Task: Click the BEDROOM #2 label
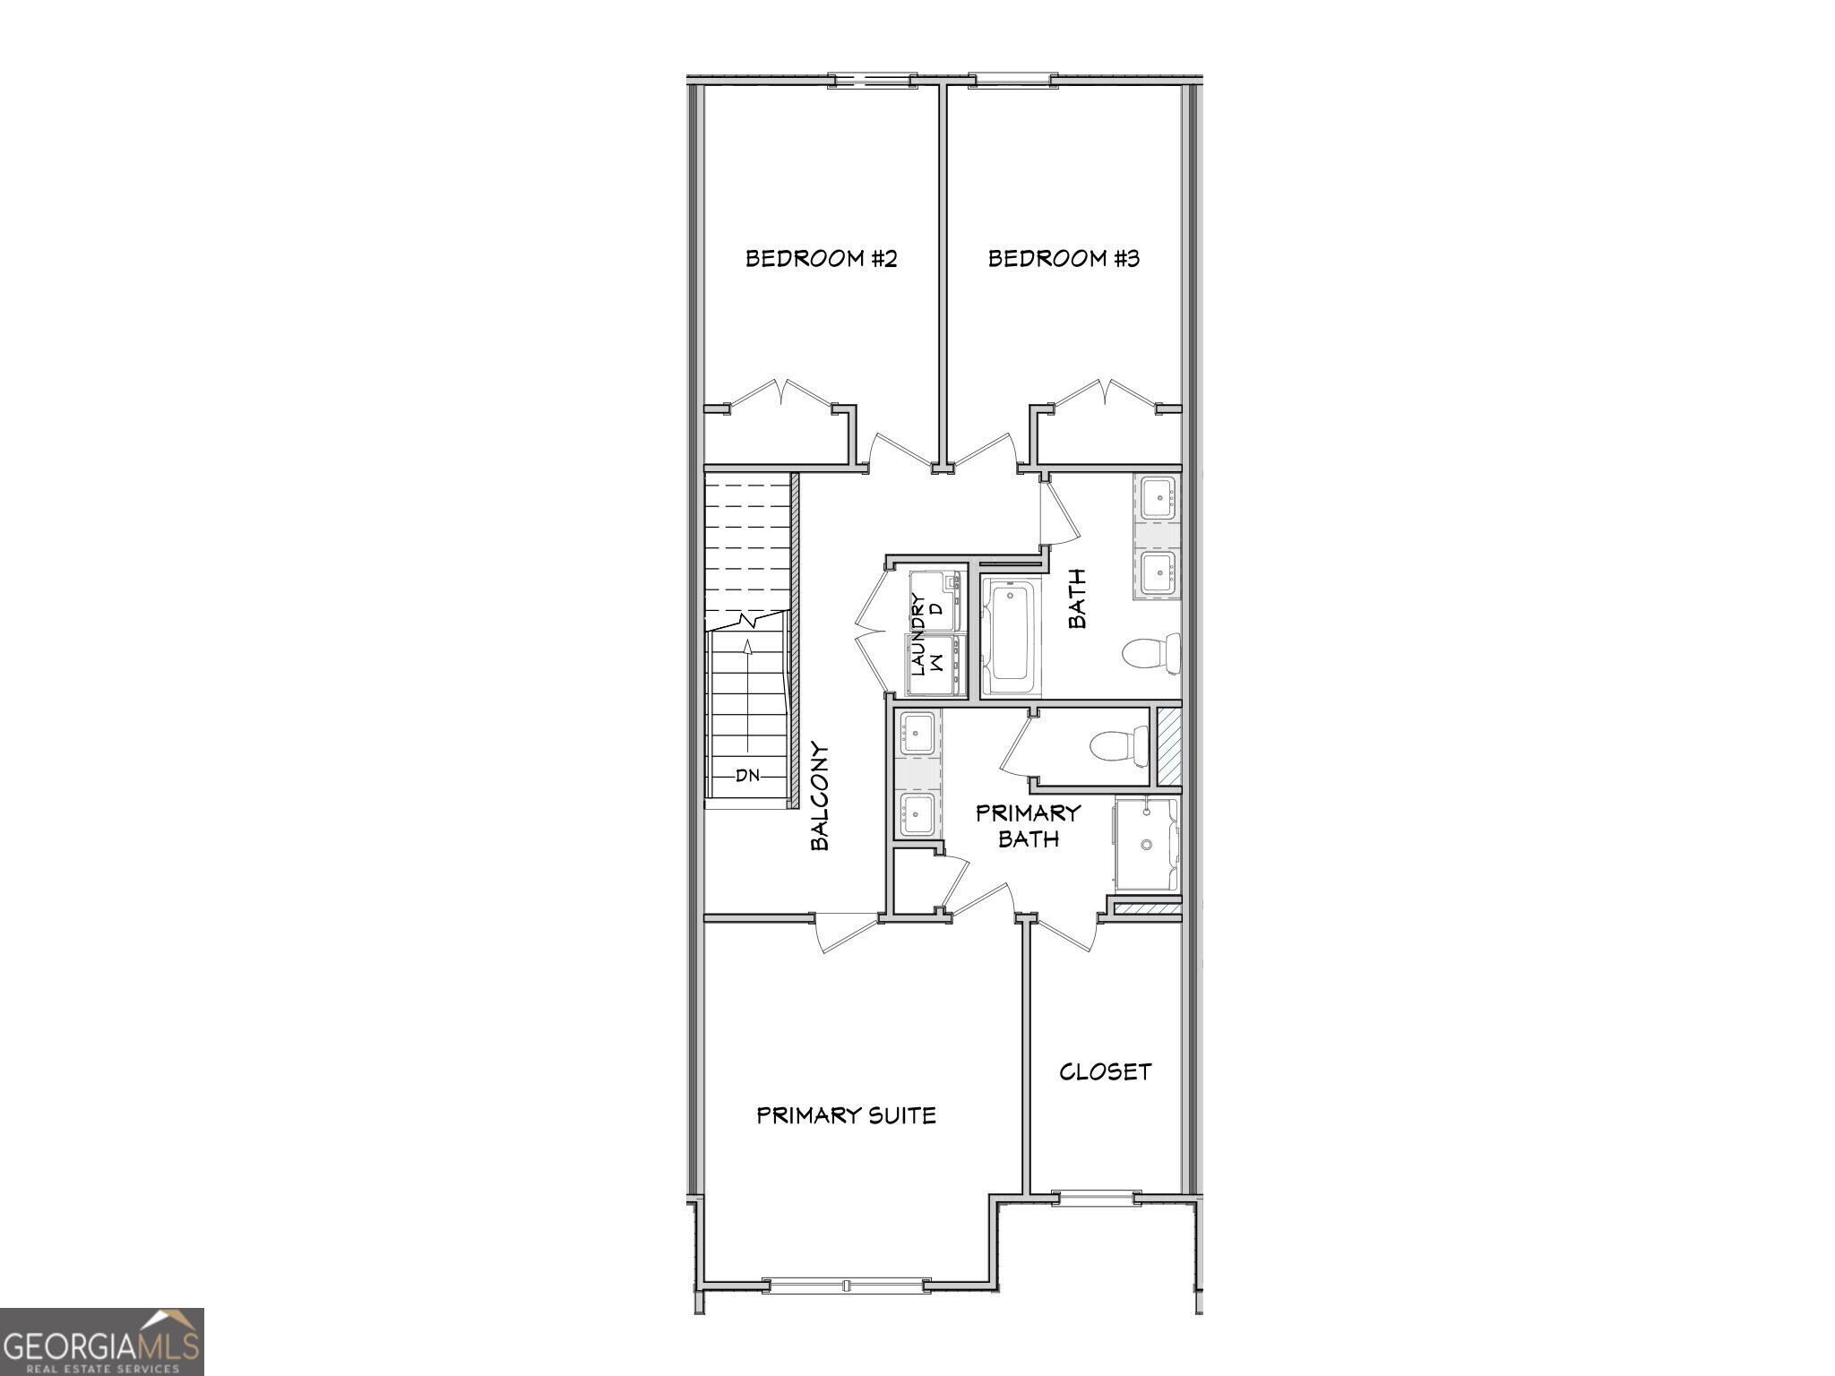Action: [x=821, y=259]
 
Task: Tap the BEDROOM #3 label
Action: [x=1064, y=259]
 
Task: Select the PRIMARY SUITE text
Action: [x=846, y=1115]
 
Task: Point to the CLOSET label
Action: [x=1105, y=1071]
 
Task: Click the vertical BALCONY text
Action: [x=819, y=795]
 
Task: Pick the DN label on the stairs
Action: [x=747, y=776]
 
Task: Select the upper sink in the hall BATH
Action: [x=1158, y=498]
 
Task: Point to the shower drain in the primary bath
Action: [x=1146, y=844]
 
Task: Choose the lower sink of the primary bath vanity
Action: [x=917, y=813]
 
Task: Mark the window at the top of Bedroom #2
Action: [x=872, y=81]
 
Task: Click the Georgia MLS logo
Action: [x=101, y=1341]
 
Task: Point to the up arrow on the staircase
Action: [x=748, y=647]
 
